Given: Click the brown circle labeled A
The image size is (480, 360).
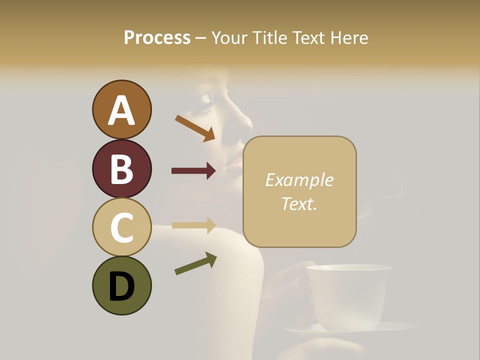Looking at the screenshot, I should [x=121, y=109].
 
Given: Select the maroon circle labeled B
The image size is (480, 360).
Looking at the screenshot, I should [x=121, y=168].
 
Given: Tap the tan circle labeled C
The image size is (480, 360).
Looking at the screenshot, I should [x=121, y=227].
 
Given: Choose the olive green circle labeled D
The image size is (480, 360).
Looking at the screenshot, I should [x=121, y=285].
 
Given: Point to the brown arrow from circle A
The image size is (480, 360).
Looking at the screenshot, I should [x=195, y=127].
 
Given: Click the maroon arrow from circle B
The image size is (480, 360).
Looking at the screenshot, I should [x=193, y=171].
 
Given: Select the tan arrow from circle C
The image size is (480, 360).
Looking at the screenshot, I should [x=193, y=225].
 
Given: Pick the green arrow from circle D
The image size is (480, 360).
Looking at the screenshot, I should [x=195, y=263].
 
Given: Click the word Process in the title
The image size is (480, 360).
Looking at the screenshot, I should [x=157, y=37].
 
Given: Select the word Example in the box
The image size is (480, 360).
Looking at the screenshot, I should [x=299, y=180].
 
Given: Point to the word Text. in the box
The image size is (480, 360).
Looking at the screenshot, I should [x=299, y=203].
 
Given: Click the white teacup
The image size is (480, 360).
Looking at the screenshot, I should [x=348, y=295].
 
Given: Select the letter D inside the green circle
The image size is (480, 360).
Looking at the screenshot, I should [x=121, y=286].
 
